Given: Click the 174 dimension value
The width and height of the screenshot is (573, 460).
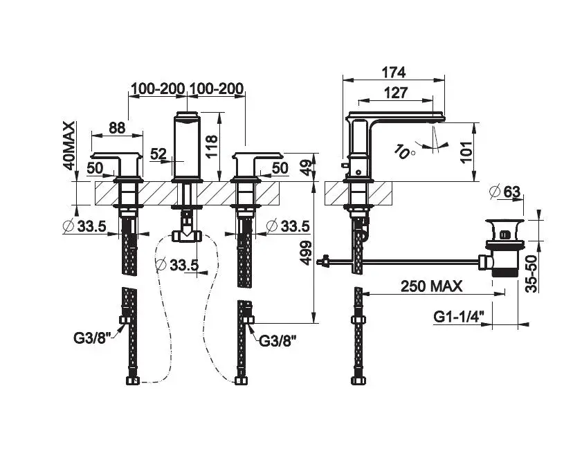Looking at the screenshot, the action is point(394,73).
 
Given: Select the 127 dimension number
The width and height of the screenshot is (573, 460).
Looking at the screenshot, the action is point(396,93).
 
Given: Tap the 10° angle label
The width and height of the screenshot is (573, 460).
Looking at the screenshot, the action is point(404,152).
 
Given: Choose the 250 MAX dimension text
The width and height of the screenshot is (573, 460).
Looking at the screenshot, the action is point(431,286).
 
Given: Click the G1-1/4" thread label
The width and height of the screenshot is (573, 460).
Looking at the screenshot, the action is point(459,316).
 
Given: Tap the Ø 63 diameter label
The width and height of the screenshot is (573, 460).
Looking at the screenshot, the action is point(504,192).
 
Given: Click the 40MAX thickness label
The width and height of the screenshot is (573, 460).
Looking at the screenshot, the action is point(69,145).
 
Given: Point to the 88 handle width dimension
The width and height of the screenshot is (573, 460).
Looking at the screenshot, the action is point(117,127).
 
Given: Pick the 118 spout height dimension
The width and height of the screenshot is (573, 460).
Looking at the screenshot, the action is point(211,146).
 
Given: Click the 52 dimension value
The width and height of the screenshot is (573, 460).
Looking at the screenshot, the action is point(159,154).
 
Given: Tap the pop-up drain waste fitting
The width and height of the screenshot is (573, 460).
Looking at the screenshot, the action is point(505,248).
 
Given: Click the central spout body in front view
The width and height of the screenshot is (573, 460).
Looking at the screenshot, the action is point(187,146).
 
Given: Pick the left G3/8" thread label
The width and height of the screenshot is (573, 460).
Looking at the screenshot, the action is point(92,338).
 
